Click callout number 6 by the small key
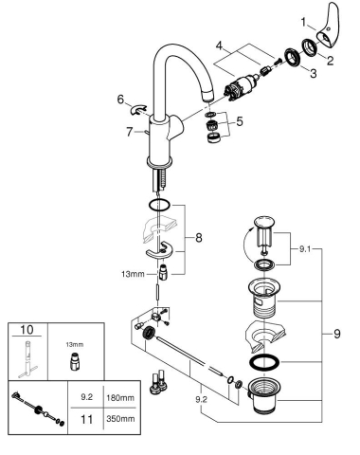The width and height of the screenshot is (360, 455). (120, 98)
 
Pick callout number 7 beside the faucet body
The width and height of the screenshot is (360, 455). (128, 131)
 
